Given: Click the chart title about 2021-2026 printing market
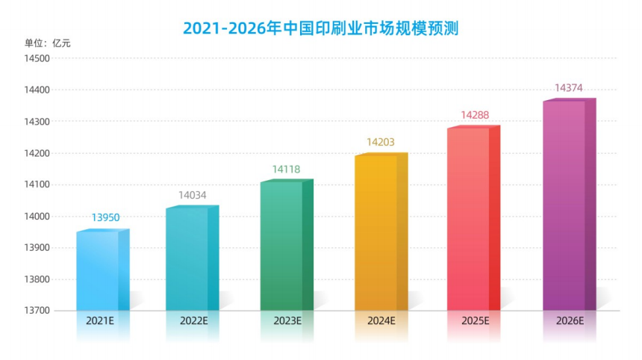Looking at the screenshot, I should click(x=321, y=28).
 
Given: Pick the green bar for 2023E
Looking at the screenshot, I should click(x=284, y=246).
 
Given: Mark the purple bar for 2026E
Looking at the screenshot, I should click(x=565, y=205).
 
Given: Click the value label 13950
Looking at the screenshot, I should click(x=105, y=217).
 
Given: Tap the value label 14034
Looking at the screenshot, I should click(x=193, y=196).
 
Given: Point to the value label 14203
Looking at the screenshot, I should click(x=380, y=142).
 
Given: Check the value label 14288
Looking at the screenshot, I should click(x=475, y=115).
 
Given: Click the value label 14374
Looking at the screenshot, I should click(x=569, y=88).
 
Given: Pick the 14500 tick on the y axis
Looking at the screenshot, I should click(x=37, y=58).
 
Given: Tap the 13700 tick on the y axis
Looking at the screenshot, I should click(x=37, y=311).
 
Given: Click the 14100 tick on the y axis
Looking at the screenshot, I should click(x=37, y=184).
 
